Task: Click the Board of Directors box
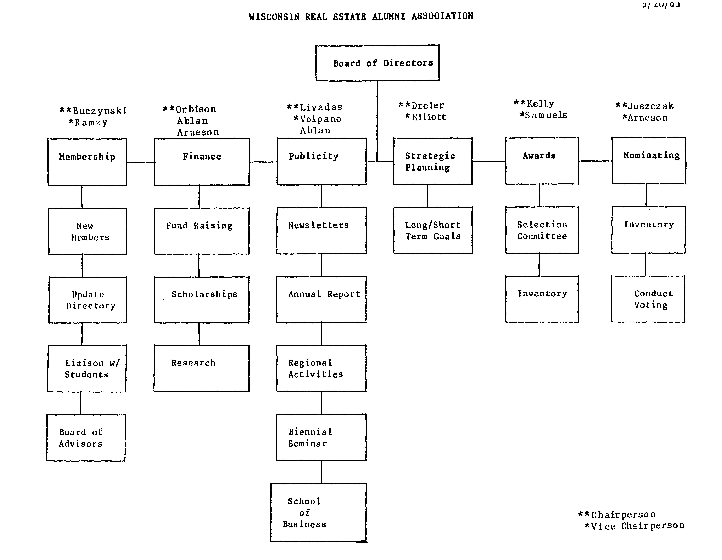point(377,63)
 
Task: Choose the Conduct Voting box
point(648,299)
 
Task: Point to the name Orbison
point(196,109)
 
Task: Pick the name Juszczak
point(651,106)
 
